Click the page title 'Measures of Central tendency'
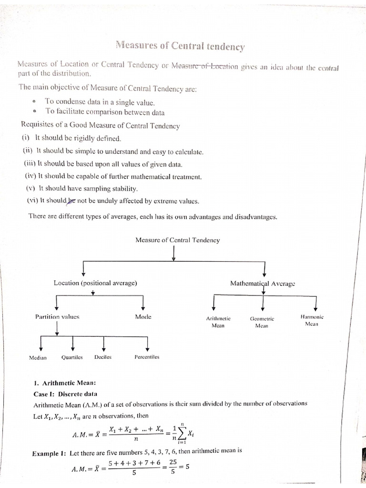(x=180, y=46)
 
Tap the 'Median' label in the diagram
(x=38, y=357)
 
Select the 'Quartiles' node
(x=72, y=357)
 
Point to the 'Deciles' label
(x=103, y=357)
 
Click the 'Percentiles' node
(x=147, y=357)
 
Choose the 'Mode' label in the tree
(x=143, y=316)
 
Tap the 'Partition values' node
(x=57, y=316)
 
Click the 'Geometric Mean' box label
(x=262, y=322)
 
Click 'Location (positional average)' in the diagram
(x=95, y=283)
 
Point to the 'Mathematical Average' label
(x=263, y=283)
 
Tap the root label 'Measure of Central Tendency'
(x=178, y=240)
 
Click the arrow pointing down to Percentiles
(x=147, y=343)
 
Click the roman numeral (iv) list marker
(x=30, y=176)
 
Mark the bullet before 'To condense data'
(x=35, y=102)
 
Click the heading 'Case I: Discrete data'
(x=65, y=394)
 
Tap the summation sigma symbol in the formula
(x=180, y=434)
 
